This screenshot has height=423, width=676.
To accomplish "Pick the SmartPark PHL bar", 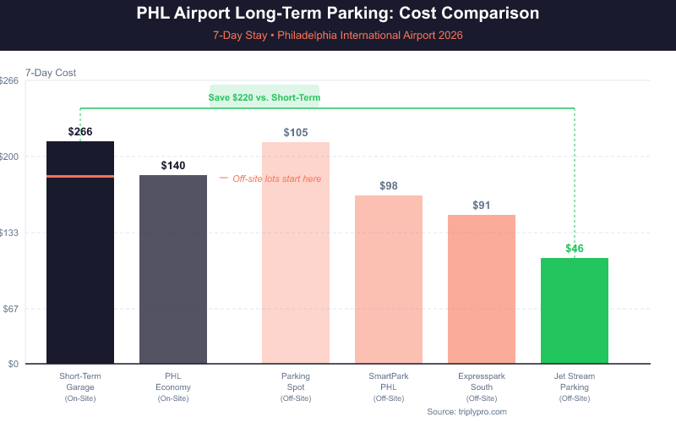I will [x=389, y=279].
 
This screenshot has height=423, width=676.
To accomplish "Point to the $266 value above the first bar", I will [x=80, y=131].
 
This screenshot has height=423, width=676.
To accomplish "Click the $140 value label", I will [x=173, y=165].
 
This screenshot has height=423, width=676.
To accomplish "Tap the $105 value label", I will [x=296, y=132].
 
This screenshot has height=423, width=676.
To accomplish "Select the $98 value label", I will [x=389, y=185].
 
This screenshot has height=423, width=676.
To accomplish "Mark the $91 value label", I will [x=482, y=205].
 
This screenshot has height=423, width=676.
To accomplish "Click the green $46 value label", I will [x=575, y=248].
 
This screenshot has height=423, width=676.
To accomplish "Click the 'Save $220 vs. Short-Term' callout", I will [x=264, y=97].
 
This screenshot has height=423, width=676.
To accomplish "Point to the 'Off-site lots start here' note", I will [x=276, y=179].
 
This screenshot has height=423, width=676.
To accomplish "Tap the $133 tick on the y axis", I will [x=8, y=233].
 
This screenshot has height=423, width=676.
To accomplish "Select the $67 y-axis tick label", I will [x=10, y=309].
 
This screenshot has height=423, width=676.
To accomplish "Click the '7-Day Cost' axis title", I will [x=51, y=73].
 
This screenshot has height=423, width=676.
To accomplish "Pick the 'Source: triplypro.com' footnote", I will [x=466, y=410].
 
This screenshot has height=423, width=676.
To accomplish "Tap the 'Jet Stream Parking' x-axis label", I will [x=575, y=382].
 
